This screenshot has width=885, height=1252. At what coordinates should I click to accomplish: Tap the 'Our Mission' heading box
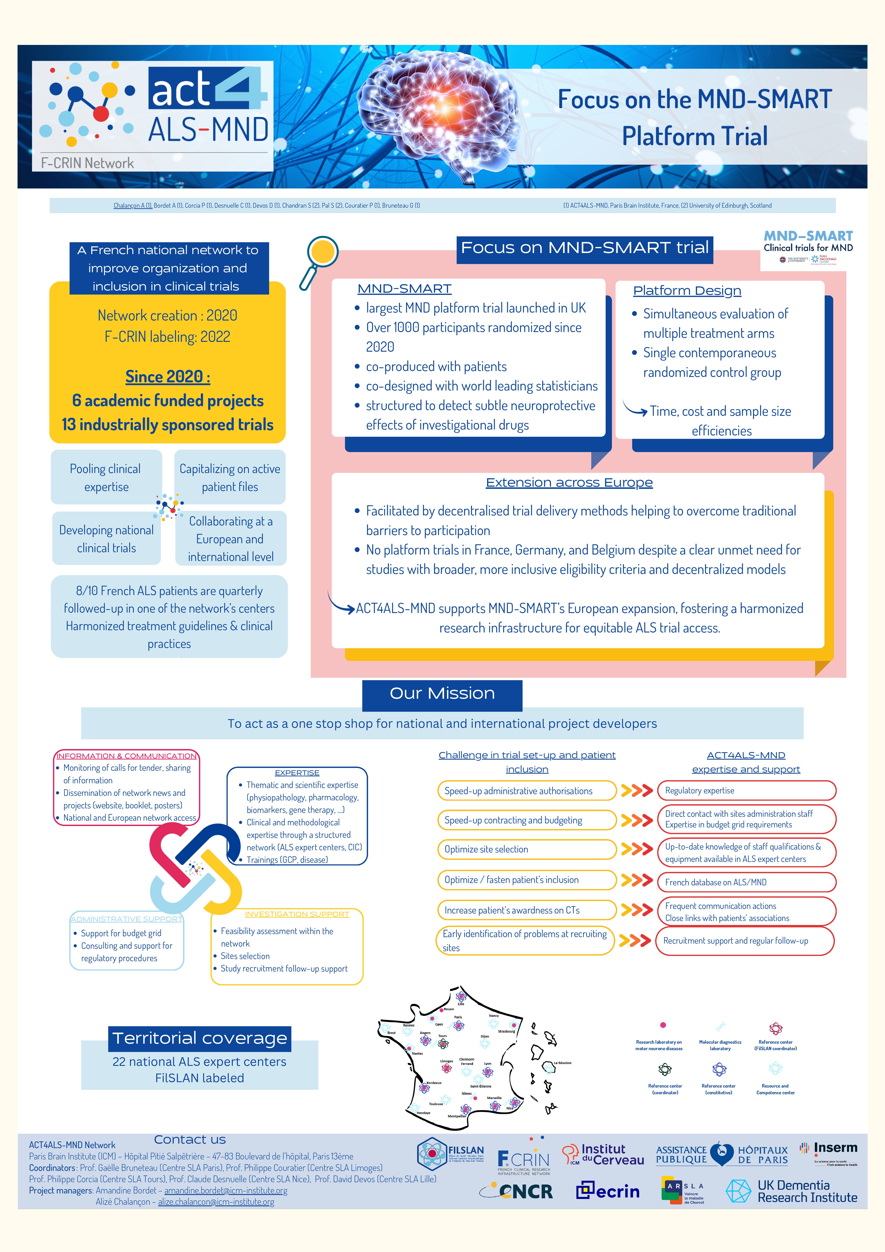click(x=442, y=694)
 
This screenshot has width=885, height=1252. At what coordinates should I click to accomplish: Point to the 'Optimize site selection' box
click(x=526, y=849)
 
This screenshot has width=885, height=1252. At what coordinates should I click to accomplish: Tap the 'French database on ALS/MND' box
click(x=746, y=882)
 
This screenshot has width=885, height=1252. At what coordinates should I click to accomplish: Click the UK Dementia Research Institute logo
click(x=791, y=1191)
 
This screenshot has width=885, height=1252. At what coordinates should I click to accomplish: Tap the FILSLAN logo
click(x=450, y=1154)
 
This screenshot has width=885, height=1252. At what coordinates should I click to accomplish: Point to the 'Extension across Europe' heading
click(x=569, y=483)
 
